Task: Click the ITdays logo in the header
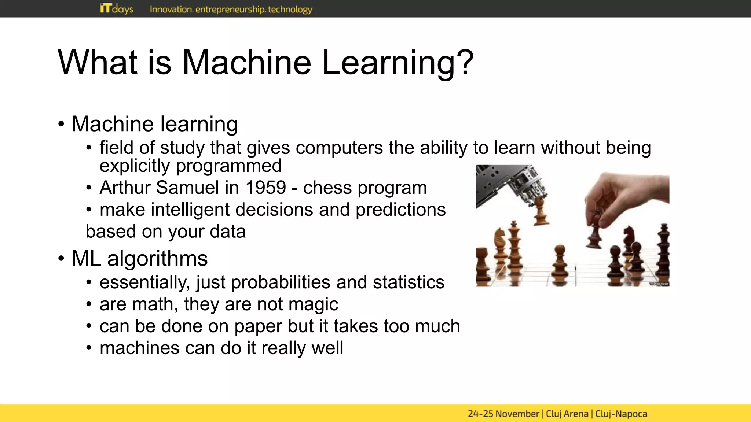pyautogui.click(x=117, y=8)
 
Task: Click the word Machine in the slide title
pyautogui.click(x=247, y=63)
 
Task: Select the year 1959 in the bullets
pyautogui.click(x=265, y=188)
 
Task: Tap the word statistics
pyautogui.click(x=409, y=282)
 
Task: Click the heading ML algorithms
pyautogui.click(x=139, y=259)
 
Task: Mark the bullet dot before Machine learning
pyautogui.click(x=61, y=124)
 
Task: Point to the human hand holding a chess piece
pyautogui.click(x=623, y=194)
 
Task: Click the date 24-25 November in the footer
pyautogui.click(x=503, y=414)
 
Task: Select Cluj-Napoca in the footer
pyautogui.click(x=621, y=414)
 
